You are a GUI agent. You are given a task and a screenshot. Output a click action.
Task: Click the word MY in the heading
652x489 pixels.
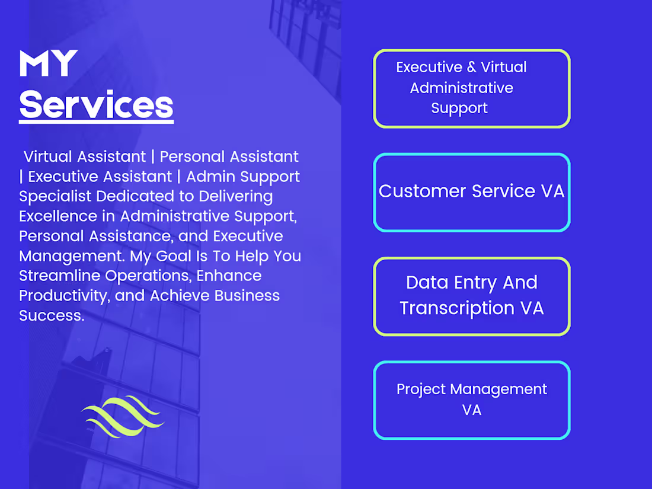coord(49,64)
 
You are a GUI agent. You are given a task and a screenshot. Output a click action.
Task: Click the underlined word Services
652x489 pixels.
coord(96,105)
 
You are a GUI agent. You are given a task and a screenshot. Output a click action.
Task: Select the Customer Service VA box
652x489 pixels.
coord(472,192)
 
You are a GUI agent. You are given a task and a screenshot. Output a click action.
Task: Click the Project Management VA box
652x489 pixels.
coord(472,400)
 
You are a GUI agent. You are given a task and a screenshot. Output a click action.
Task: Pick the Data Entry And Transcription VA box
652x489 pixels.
coord(472,296)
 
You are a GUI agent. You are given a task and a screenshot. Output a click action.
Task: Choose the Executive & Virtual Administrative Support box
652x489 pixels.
coord(472,88)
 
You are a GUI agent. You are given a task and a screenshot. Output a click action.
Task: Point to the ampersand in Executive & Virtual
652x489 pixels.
coord(472,68)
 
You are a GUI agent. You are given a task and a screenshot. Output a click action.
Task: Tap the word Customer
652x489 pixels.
coord(422,191)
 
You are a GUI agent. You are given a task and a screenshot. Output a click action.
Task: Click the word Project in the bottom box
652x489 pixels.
coord(421,389)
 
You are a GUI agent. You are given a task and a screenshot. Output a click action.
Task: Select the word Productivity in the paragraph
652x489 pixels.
coord(64,296)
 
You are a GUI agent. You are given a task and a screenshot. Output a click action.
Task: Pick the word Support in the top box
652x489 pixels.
coord(459,108)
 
